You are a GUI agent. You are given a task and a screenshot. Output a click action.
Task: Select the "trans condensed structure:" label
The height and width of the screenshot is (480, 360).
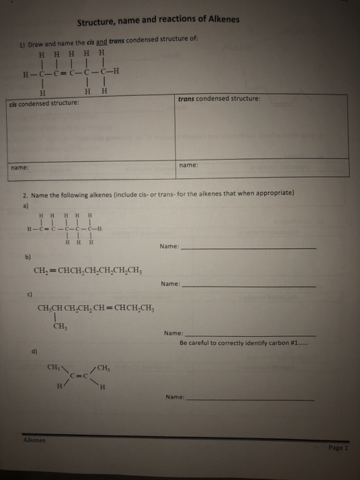[x=219, y=98]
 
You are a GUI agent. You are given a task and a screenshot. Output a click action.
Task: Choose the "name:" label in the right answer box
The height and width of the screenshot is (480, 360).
[x=187, y=165]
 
